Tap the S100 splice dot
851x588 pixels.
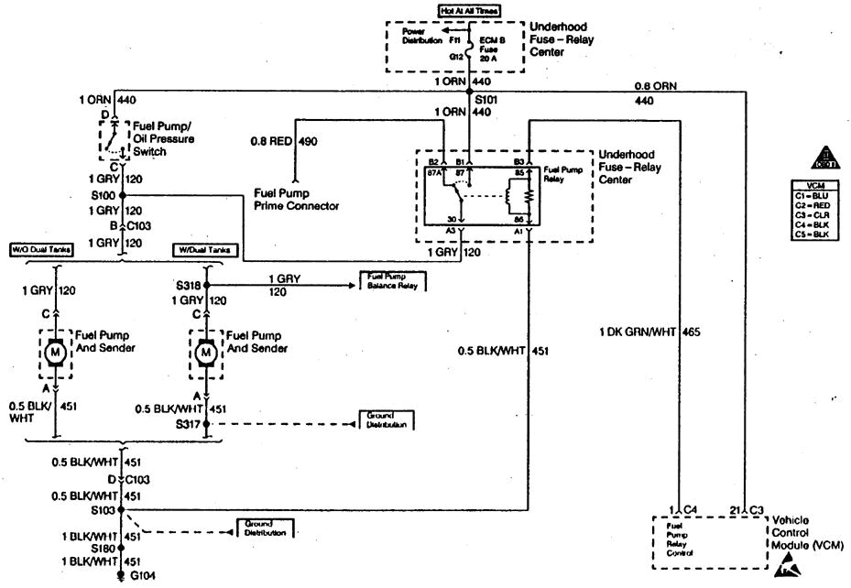121,195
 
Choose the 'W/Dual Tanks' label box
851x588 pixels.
205,249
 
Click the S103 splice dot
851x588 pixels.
121,509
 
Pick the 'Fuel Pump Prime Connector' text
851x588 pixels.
296,200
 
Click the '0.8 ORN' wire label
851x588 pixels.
656,86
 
